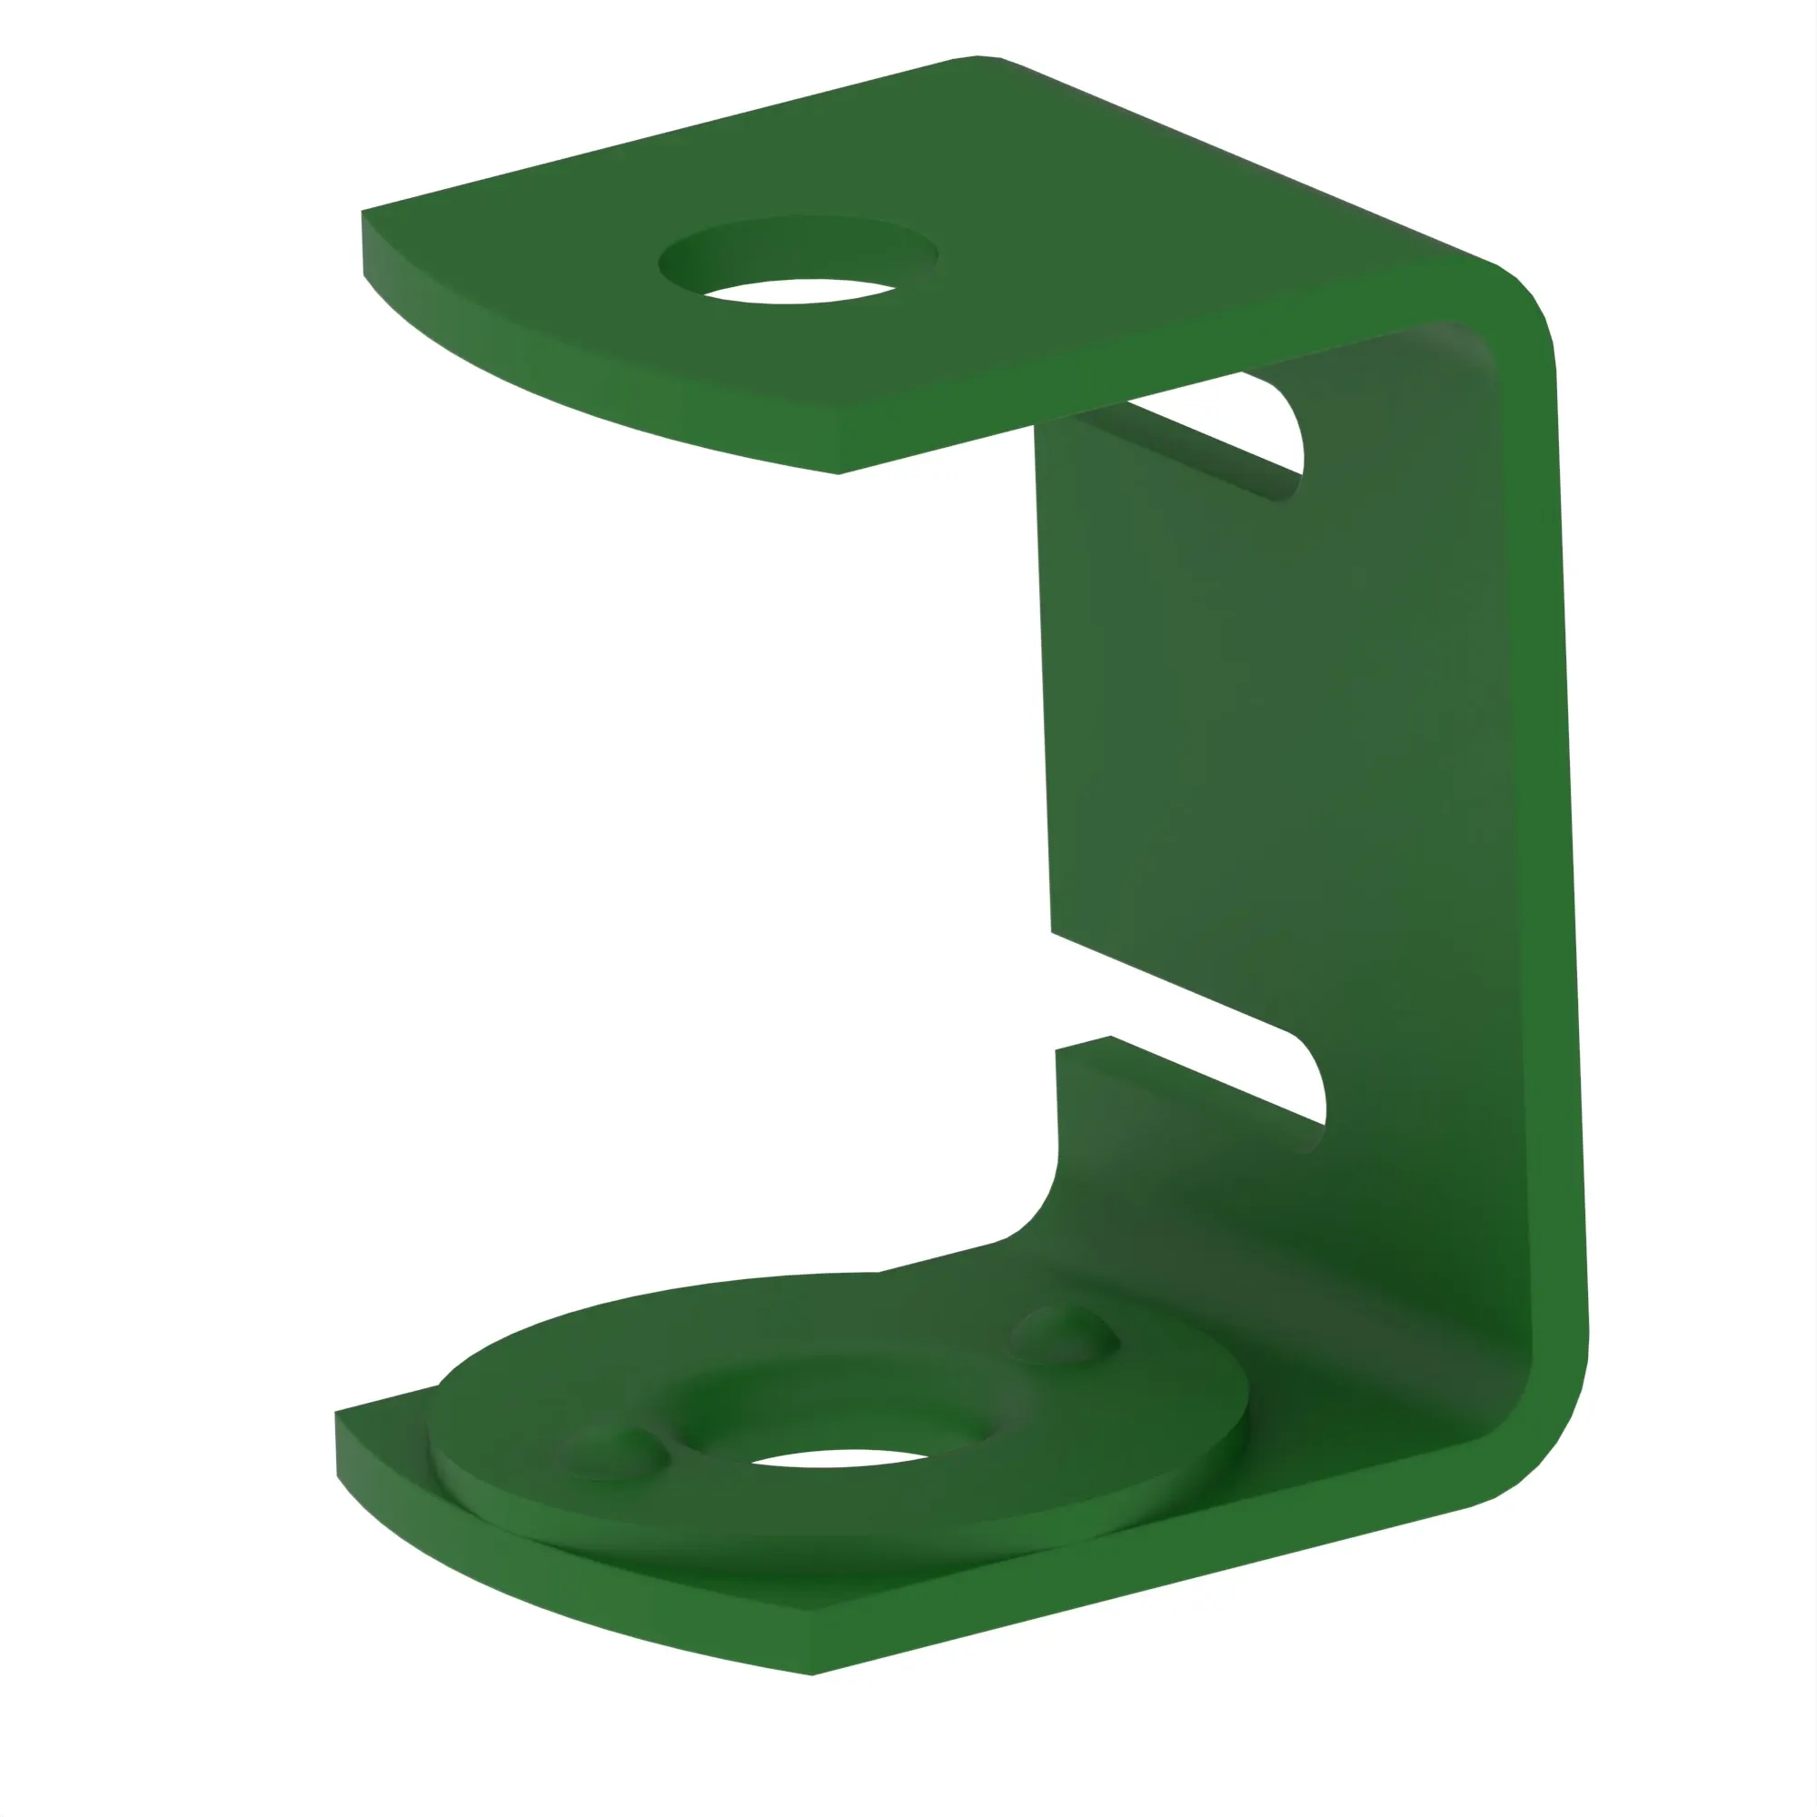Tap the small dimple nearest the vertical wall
click(1063, 1335)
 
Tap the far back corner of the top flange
click(978, 57)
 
